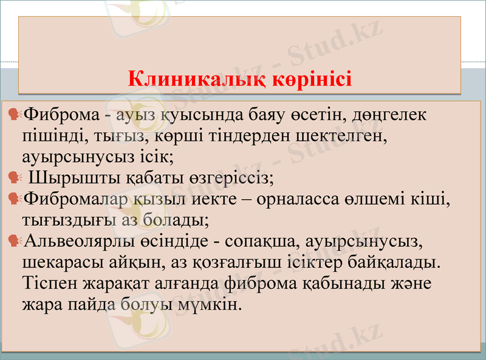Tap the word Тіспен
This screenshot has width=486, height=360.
click(51, 284)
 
